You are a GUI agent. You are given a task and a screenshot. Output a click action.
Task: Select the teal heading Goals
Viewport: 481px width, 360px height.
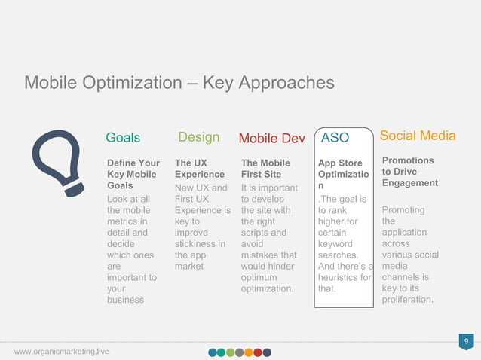point(123,138)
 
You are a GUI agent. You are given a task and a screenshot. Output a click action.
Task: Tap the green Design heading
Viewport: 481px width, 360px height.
point(198,137)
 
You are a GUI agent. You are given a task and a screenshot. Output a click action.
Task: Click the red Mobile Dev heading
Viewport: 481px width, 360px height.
point(271,139)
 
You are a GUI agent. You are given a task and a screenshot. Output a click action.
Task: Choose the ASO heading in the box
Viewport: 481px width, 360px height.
point(335,138)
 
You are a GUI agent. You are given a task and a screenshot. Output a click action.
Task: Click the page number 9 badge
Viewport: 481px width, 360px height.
point(467,343)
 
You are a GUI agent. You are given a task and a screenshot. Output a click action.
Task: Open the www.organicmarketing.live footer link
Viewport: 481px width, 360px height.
point(60,352)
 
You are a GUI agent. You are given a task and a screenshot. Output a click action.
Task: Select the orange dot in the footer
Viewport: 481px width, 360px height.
point(249,352)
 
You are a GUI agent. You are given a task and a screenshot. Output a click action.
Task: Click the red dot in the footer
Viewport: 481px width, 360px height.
point(258,352)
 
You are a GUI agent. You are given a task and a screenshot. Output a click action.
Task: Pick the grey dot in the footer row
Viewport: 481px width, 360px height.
point(240,352)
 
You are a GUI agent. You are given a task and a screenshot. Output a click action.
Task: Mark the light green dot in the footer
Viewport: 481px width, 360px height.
point(231,352)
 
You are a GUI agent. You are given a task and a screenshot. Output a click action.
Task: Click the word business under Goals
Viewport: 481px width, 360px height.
point(127,300)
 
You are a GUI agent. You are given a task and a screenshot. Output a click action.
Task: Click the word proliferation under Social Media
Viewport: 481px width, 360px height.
point(407,300)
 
